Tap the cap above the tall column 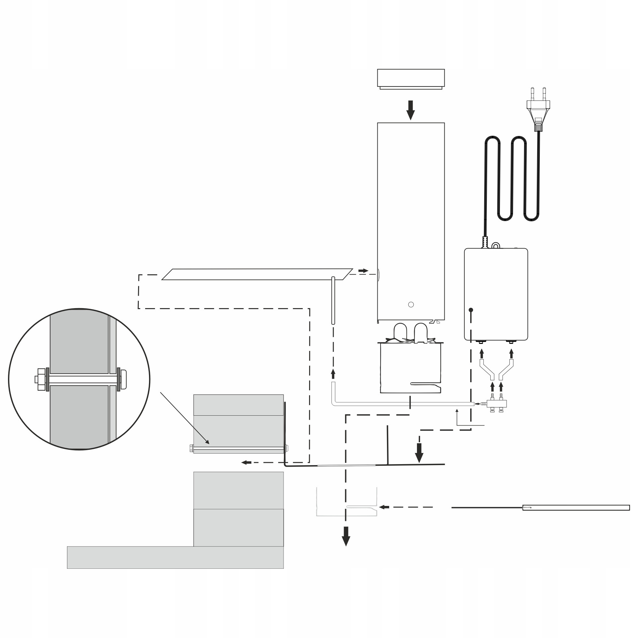pos(411,78)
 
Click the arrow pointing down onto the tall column pos(411,110)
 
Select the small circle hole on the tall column pos(411,304)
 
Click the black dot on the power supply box pos(471,310)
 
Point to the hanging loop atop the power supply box pos(495,245)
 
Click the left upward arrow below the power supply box pos(481,354)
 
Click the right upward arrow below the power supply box pos(512,354)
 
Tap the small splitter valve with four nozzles pos(496,404)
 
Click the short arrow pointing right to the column pos(363,271)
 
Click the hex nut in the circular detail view pos(41,379)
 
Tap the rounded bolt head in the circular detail pos(124,379)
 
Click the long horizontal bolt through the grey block pos(238,448)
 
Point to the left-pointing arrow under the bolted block pos(246,462)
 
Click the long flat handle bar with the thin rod pos(575,508)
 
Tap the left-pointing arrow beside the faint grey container pos(384,507)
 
